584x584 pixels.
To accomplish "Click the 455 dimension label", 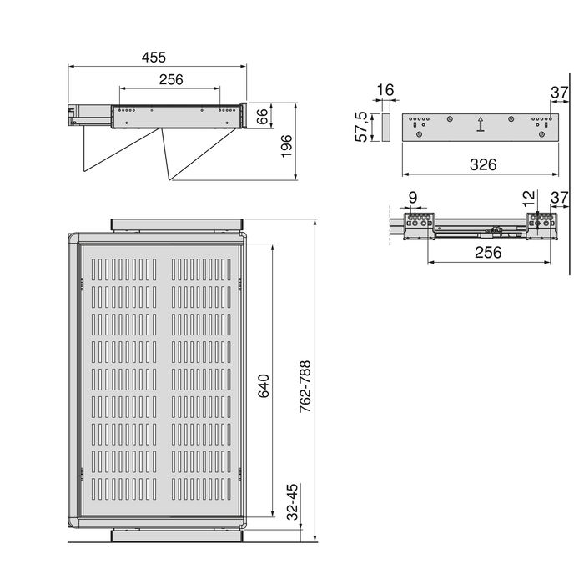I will point(154,58).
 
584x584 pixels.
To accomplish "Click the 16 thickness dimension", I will point(385,90).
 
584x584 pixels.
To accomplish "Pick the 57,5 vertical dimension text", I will point(361,128).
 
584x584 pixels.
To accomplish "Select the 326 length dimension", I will point(481,164).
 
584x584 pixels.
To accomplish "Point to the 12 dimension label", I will point(526,199).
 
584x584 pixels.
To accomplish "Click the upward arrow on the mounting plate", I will point(481,126).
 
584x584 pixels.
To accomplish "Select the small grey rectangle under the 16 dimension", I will point(385,128).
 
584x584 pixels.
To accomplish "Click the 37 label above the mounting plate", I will point(559,91).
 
